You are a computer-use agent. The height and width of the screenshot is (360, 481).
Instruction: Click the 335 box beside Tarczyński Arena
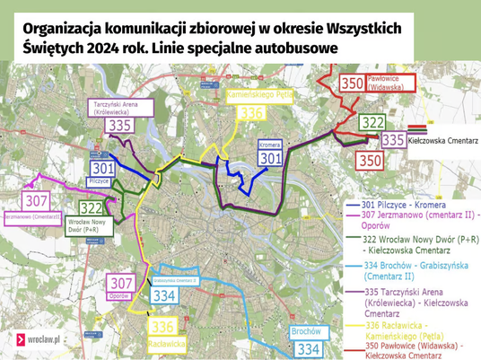click(x=118, y=125)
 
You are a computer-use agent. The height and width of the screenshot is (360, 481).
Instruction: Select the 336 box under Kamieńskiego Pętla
click(x=251, y=112)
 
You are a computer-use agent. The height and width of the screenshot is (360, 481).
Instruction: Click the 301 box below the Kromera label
click(x=269, y=158)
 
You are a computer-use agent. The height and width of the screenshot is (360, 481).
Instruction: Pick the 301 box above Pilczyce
click(x=103, y=168)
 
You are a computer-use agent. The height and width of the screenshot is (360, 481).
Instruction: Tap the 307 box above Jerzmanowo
click(x=36, y=201)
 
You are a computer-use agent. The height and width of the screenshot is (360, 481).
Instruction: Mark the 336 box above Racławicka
click(x=162, y=327)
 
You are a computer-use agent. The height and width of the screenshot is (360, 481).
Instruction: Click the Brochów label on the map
click(x=307, y=332)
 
